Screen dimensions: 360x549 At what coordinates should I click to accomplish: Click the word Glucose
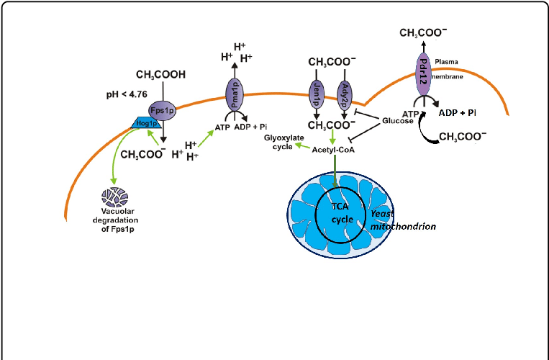[398, 120]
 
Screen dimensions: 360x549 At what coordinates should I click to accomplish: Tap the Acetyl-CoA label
[332, 149]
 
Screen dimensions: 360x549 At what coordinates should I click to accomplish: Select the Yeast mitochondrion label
[402, 220]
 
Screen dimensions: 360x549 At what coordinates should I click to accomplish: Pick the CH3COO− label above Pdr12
[422, 33]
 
